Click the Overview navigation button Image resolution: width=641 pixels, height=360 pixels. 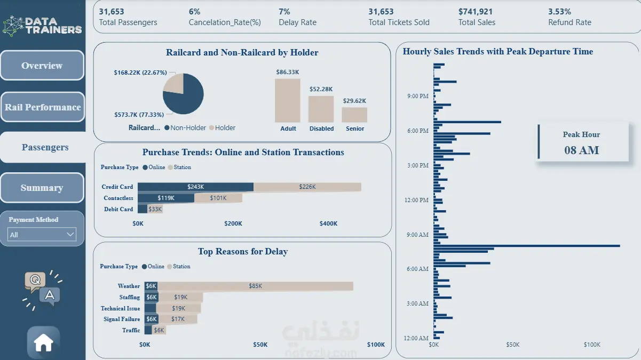coord(42,65)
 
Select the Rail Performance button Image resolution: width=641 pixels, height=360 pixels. coord(43,107)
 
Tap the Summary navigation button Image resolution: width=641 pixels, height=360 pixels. coord(42,188)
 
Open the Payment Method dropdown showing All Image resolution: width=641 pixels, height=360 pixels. coord(42,235)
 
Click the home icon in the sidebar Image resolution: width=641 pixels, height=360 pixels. coord(43,343)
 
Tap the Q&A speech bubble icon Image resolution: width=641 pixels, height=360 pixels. coord(42,290)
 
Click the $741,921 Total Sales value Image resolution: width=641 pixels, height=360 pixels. coord(476,11)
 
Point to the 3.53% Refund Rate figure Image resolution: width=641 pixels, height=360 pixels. coord(559,11)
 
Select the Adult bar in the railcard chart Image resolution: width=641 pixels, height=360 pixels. coord(287,101)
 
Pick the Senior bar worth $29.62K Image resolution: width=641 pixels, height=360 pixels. coord(354,115)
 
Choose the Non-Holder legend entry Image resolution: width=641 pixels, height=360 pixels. coord(185,128)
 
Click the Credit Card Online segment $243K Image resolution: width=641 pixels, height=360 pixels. coord(195,187)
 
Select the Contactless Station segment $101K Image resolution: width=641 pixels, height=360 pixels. coord(218,198)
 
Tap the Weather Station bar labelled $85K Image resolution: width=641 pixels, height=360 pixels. coord(255,286)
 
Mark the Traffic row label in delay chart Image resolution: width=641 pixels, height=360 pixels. coord(131,330)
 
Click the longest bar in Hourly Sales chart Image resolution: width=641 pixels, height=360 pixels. coord(527,246)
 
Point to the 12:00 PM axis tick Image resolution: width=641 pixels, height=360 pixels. coord(416,200)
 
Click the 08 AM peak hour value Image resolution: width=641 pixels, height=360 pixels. coord(581,150)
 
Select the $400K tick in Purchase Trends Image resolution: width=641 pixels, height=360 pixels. coord(328,223)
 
